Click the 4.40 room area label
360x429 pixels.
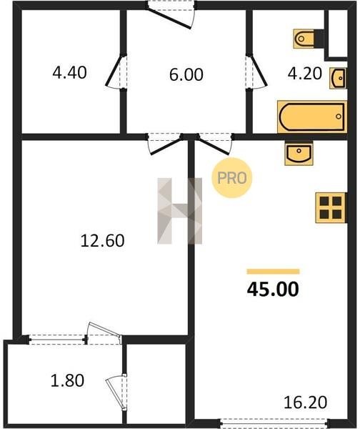pos(69,73)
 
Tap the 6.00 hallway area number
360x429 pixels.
pos(186,74)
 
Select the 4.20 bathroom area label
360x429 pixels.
pos(304,74)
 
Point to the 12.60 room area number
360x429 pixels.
pos(103,241)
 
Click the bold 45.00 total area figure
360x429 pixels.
pos(273,290)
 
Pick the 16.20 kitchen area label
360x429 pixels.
pos(305,403)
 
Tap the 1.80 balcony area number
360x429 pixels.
pos(67,381)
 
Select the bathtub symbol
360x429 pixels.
pos(312,117)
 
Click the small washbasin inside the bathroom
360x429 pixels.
pos(338,78)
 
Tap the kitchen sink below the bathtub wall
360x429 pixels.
pos(299,153)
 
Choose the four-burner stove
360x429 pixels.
pos(331,207)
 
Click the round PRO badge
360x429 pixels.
pos(232,178)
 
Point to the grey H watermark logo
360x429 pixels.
pos(179,211)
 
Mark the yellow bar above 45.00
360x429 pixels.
pos(273,272)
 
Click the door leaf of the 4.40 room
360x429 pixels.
pos(113,71)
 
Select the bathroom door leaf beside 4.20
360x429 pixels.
pos(258,71)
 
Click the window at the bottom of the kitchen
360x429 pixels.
pos(274,423)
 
